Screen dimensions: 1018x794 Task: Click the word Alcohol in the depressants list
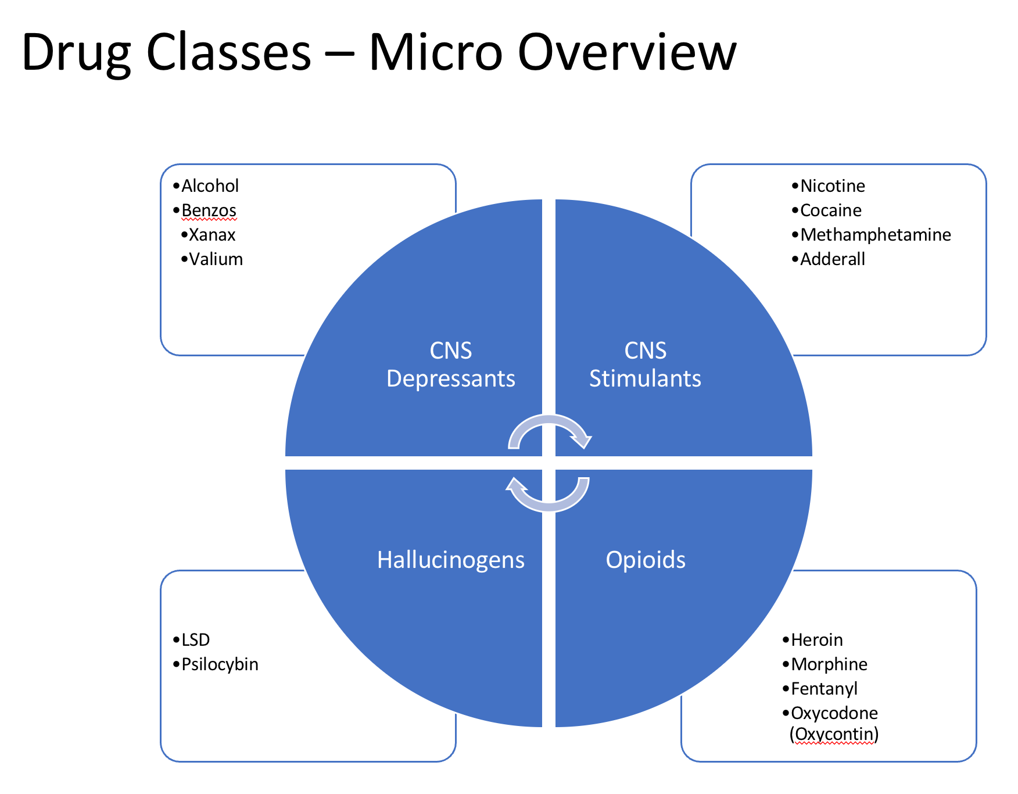tap(210, 186)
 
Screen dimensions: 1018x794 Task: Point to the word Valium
tap(216, 259)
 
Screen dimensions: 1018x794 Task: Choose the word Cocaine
tap(831, 210)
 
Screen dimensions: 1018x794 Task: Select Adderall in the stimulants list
tap(833, 259)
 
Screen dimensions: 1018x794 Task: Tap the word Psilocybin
tap(220, 664)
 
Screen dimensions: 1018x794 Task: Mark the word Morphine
tap(829, 664)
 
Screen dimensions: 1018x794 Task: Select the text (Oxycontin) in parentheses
tap(834, 735)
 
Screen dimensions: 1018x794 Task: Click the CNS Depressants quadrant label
tap(451, 364)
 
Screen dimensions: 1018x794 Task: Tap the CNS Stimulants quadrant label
tap(645, 364)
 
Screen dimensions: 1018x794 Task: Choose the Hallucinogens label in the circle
tap(451, 560)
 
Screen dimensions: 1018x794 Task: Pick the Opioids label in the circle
tap(646, 560)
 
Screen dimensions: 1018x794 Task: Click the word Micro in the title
tap(436, 52)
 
